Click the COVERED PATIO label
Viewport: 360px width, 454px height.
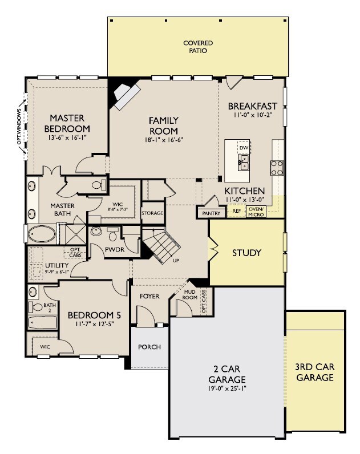point(198,47)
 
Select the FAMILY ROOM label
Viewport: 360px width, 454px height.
point(164,125)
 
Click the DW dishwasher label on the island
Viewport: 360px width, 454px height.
point(244,148)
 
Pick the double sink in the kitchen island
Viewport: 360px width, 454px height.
point(244,162)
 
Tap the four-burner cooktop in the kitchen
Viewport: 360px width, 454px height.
point(277,168)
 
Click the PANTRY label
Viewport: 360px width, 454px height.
point(211,213)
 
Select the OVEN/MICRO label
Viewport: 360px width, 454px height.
point(256,212)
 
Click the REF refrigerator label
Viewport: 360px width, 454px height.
point(237,211)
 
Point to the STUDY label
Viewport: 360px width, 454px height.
point(247,253)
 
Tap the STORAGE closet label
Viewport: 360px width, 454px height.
point(152,213)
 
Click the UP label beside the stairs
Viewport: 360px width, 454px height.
point(176,260)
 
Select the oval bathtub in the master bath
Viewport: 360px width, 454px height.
point(42,234)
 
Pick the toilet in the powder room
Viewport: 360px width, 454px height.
point(112,234)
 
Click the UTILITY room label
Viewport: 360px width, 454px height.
point(57,265)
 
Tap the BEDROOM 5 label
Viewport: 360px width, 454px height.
point(94,315)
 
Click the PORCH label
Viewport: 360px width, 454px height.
point(149,347)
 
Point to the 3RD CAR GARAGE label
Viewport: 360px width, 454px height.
point(315,372)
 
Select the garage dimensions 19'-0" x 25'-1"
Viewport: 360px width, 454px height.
point(227,388)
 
